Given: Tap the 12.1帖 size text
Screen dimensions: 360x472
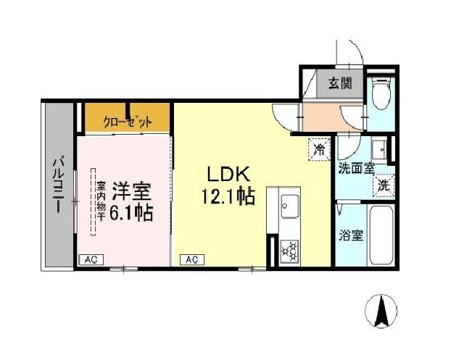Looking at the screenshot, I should [x=228, y=196].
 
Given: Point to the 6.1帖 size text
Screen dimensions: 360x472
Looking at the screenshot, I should [x=131, y=213].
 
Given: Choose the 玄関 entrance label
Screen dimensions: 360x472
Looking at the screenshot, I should [x=339, y=83].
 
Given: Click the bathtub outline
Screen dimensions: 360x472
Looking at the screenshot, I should [x=381, y=235].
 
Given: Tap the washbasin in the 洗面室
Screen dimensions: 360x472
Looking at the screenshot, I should [x=378, y=150].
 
